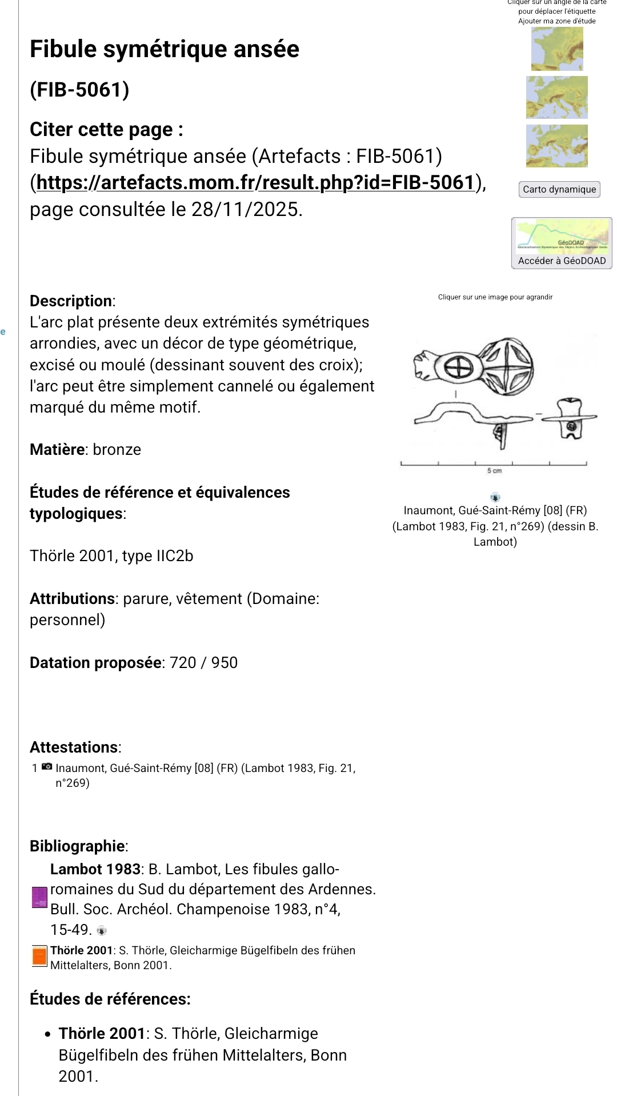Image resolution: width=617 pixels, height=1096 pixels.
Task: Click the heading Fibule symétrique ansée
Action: click(165, 49)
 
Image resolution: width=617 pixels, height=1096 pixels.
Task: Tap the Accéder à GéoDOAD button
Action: click(562, 261)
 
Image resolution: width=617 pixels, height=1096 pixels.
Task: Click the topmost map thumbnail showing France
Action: click(557, 49)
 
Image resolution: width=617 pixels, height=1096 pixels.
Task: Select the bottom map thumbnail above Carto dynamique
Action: click(557, 146)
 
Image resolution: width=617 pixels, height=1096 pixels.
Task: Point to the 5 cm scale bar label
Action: click(494, 471)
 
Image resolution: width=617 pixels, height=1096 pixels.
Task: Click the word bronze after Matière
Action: click(117, 450)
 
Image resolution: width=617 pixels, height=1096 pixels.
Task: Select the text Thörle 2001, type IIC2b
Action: click(111, 556)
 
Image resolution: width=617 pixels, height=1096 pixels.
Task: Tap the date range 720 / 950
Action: click(204, 663)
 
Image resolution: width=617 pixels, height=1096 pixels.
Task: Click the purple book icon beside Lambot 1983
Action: click(39, 897)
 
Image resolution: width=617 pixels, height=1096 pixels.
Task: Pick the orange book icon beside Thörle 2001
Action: click(39, 956)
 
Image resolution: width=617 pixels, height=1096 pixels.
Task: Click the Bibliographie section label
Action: click(78, 846)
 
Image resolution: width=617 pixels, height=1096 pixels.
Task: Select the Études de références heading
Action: click(110, 999)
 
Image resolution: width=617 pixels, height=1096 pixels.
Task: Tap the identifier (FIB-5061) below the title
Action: click(79, 90)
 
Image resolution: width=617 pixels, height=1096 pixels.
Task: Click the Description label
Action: click(71, 301)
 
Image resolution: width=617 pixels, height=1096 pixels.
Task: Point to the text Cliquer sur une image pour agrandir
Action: click(495, 297)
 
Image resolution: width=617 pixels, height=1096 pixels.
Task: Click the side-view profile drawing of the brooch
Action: click(471, 420)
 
